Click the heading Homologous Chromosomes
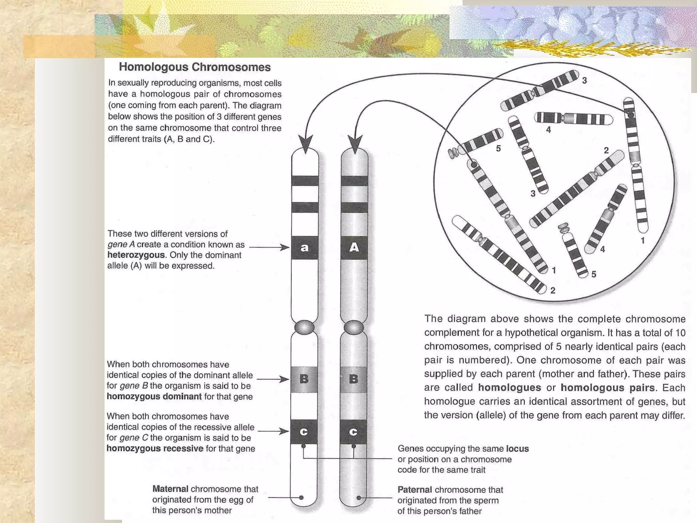click(195, 67)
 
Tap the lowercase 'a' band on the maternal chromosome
click(305, 248)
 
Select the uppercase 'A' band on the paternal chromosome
click(354, 248)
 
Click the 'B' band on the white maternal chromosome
click(304, 379)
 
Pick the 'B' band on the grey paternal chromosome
click(354, 379)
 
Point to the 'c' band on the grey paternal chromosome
click(353, 432)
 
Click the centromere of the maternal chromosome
click(305, 328)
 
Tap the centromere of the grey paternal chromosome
click(354, 328)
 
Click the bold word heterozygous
click(136, 255)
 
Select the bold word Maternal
click(170, 489)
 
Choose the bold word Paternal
click(415, 490)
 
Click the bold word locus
click(517, 449)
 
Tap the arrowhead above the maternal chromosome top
click(305, 143)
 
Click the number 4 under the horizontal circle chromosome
click(548, 129)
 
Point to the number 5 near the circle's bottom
click(594, 274)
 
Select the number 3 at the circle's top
click(584, 81)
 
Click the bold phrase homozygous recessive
click(155, 448)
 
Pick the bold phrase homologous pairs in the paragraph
click(607, 388)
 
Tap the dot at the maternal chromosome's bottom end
click(301, 497)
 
